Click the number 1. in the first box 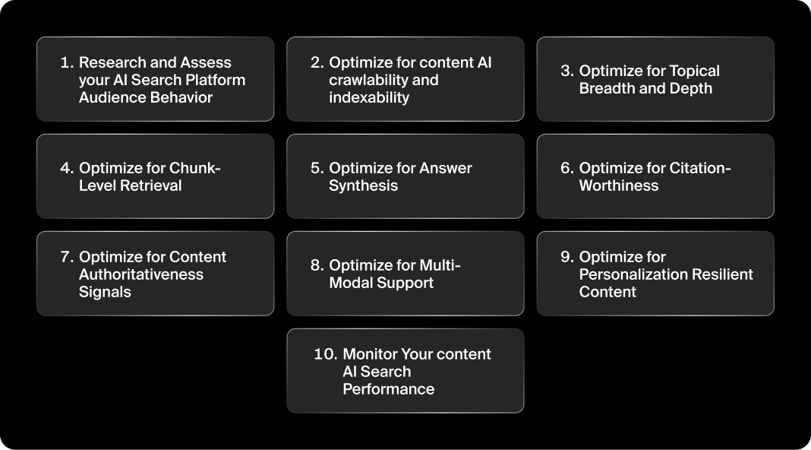pyautogui.click(x=67, y=62)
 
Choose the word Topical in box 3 pyautogui.click(x=694, y=71)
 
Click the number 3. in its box pyautogui.click(x=567, y=71)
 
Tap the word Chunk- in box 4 pyautogui.click(x=195, y=168)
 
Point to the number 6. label pyautogui.click(x=567, y=168)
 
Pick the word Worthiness pyautogui.click(x=619, y=185)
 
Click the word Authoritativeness pyautogui.click(x=141, y=274)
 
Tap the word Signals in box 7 pyautogui.click(x=105, y=292)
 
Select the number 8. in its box pyautogui.click(x=317, y=265)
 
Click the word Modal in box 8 pyautogui.click(x=351, y=283)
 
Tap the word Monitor pyautogui.click(x=371, y=354)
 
